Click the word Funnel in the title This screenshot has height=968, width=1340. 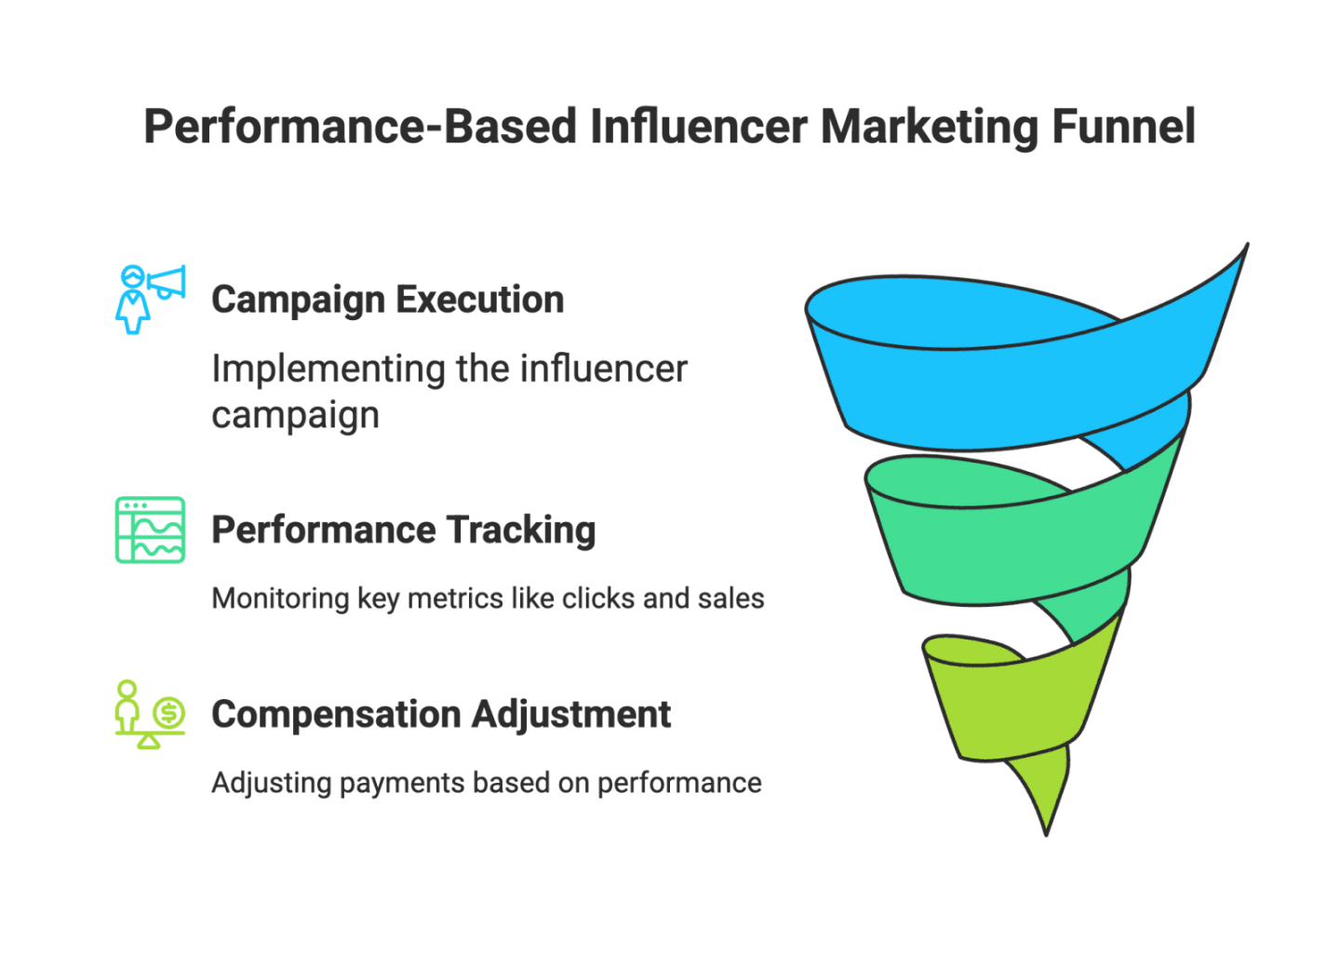click(1122, 127)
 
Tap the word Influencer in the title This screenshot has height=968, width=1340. click(697, 127)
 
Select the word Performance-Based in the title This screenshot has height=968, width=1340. click(360, 127)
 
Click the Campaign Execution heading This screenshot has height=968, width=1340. click(387, 300)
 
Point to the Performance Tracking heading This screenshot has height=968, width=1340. click(403, 530)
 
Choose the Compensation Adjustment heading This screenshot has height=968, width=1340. click(440, 715)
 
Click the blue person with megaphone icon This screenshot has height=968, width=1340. click(150, 299)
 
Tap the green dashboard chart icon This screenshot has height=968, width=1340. click(150, 530)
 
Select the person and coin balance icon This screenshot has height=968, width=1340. click(150, 714)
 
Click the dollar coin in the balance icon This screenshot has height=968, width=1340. click(169, 714)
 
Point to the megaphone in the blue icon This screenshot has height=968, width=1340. click(168, 282)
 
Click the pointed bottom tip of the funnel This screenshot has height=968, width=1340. click(1046, 828)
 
